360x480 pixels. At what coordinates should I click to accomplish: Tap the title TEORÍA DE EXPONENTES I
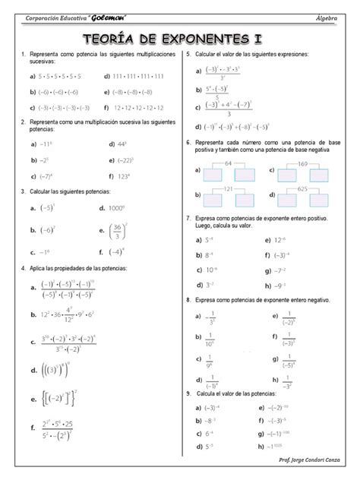(180, 38)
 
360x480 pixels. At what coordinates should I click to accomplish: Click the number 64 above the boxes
(229, 163)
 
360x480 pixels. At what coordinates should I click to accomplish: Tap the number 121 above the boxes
(229, 188)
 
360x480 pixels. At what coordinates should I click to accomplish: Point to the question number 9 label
(188, 393)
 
